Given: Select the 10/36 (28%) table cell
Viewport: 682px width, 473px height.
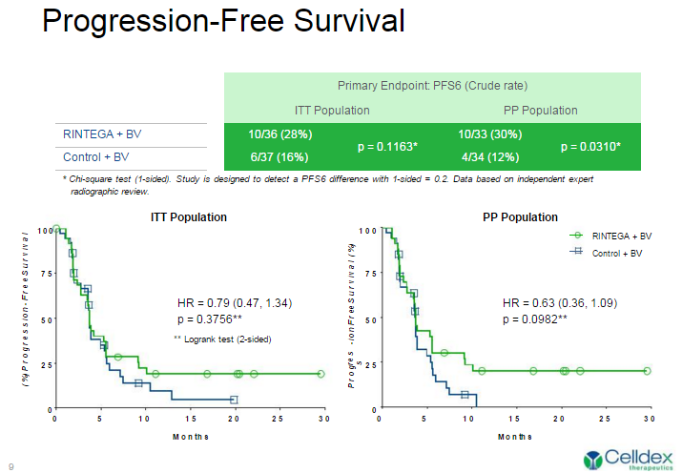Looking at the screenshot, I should (280, 135).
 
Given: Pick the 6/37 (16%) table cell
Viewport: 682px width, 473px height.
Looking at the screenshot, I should (280, 156).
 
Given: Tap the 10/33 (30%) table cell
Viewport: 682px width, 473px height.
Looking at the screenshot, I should (490, 135).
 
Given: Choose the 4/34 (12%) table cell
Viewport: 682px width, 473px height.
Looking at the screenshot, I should (490, 156).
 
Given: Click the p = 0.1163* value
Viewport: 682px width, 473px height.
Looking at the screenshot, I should (387, 147).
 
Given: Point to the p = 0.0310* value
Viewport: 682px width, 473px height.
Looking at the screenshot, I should (591, 147).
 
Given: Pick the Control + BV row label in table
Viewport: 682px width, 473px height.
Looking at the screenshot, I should (95, 156).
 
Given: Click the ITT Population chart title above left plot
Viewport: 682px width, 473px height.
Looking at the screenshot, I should (189, 217).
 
